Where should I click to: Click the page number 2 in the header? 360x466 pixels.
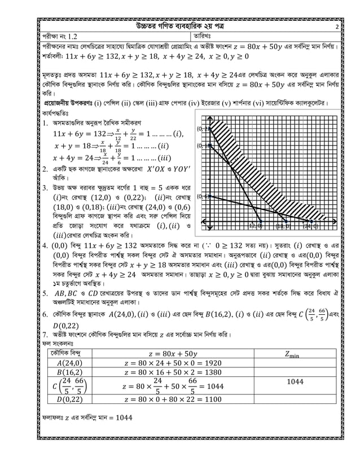tap(336, 27)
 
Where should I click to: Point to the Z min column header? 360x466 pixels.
tap(295, 354)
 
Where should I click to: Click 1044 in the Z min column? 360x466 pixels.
tap(295, 381)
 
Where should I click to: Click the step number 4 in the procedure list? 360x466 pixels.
tap(45, 246)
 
